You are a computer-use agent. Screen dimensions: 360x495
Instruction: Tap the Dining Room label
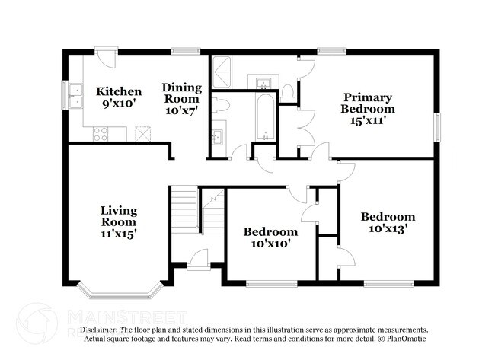[180, 88]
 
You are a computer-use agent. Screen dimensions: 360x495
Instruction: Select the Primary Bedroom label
[367, 97]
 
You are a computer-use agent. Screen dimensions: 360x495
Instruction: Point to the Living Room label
[120, 211]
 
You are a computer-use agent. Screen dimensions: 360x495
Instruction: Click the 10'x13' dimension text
[388, 228]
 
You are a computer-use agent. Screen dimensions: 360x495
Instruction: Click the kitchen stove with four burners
[101, 134]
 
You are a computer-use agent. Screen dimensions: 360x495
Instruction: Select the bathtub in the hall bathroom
[263, 118]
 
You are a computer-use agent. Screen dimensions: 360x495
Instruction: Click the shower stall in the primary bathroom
[227, 73]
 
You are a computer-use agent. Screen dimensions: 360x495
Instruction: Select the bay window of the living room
[120, 290]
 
